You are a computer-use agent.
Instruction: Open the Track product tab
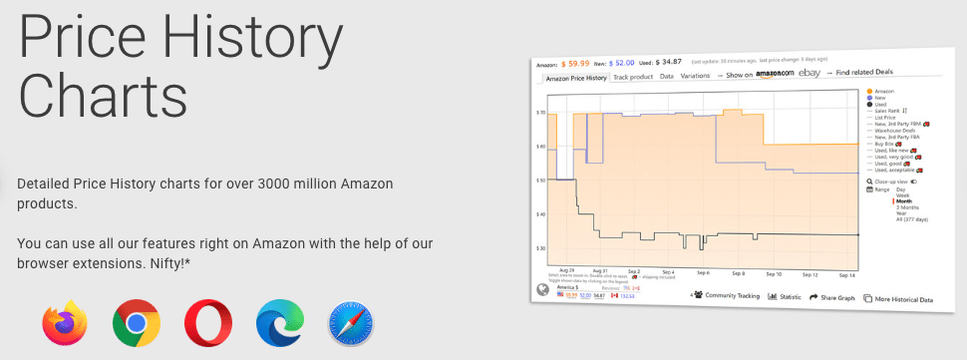[x=633, y=77]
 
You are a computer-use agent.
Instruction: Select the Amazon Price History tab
[x=576, y=78]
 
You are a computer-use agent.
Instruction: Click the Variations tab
[x=695, y=76]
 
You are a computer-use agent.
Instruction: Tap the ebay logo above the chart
[x=808, y=73]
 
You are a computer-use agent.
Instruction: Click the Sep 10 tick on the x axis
[x=773, y=272]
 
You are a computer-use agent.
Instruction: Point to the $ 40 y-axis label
[x=541, y=214]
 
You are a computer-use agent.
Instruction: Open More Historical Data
[x=903, y=299]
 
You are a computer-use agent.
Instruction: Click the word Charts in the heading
[x=104, y=98]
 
